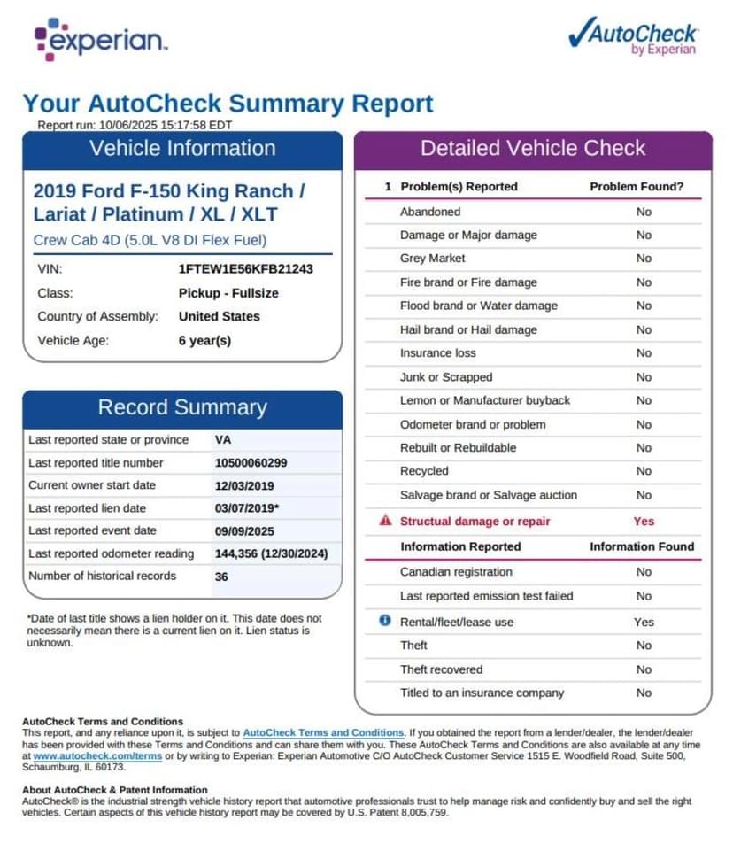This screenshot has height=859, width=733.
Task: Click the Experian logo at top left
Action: (100, 39)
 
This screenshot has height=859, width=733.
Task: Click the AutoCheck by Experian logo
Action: (633, 37)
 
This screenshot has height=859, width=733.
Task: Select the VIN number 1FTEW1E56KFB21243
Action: (245, 268)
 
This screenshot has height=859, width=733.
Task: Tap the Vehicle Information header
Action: (182, 148)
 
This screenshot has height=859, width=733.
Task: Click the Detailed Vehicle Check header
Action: (533, 148)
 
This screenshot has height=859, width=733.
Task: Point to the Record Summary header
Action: (182, 407)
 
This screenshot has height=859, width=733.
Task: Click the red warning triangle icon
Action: (385, 521)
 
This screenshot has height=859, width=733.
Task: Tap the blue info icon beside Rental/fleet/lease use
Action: (385, 621)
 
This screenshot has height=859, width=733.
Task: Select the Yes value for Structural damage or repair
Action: (644, 521)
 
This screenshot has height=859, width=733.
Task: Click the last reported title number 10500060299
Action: (251, 462)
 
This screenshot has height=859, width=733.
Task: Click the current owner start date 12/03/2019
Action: (244, 485)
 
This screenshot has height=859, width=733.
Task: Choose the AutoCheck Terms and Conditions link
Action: (323, 733)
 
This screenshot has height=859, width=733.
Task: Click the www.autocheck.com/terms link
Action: (97, 756)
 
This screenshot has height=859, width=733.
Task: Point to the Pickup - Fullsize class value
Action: (228, 292)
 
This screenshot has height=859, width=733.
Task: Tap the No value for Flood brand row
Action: (644, 306)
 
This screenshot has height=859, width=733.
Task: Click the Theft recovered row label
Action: (441, 669)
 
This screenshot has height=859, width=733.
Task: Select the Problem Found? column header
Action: (637, 187)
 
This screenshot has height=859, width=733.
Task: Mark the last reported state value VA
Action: (223, 439)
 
